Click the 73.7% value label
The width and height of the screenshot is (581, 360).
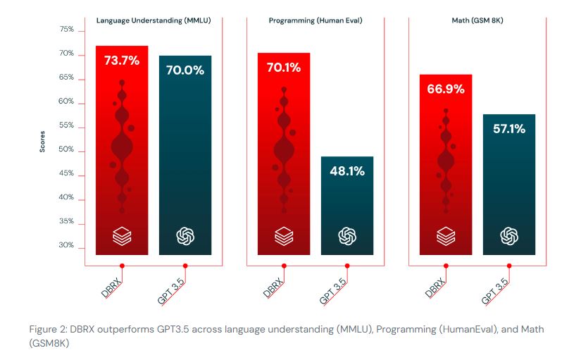tap(122, 61)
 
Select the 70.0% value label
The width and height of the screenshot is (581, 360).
tap(185, 70)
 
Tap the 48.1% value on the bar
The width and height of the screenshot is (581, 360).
tap(347, 171)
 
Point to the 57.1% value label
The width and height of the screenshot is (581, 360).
tap(509, 129)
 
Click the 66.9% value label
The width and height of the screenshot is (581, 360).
tap(446, 89)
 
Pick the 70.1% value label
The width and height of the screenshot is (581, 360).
tap(284, 68)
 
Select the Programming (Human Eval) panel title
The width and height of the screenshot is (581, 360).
tap(316, 20)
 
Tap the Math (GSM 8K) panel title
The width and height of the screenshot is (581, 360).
tap(477, 20)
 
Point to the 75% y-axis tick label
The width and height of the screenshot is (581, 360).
tap(67, 30)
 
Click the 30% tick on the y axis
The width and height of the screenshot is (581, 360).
tap(67, 245)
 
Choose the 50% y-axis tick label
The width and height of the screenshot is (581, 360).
tap(67, 151)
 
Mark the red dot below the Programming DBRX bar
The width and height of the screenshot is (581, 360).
tap(284, 266)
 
